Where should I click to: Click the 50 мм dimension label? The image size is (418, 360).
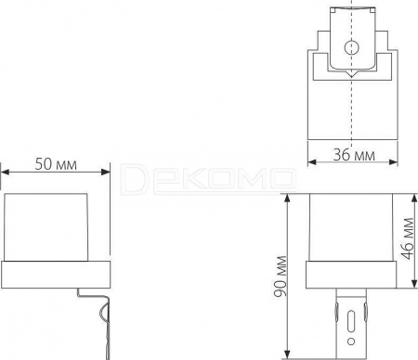pyautogui.click(x=56, y=164)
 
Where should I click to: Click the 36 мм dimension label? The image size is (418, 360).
pyautogui.click(x=354, y=155)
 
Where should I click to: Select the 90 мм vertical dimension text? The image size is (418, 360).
pyautogui.click(x=281, y=276)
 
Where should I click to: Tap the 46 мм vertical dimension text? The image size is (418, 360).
pyautogui.click(x=408, y=238)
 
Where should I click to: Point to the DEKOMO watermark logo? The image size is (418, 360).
pyautogui.click(x=208, y=179)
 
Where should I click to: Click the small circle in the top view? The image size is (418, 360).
pyautogui.click(x=351, y=47)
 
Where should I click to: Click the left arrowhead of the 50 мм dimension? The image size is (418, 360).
pyautogui.click(x=6, y=172)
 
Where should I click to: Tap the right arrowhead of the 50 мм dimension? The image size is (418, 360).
pyautogui.click(x=106, y=172)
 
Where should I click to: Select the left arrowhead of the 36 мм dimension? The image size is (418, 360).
pyautogui.click(x=312, y=162)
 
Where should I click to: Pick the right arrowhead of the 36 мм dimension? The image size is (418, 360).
pyautogui.click(x=393, y=162)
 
